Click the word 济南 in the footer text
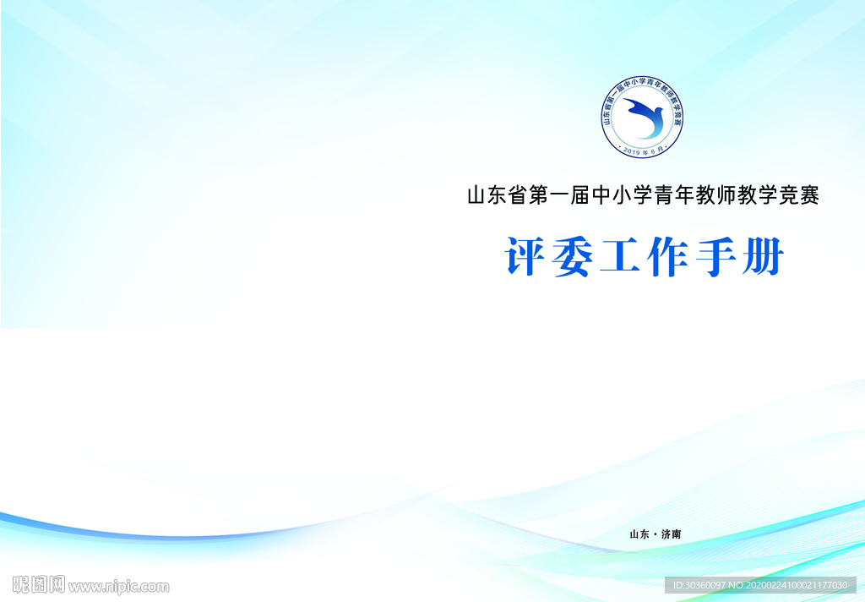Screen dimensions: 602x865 tap(671, 534)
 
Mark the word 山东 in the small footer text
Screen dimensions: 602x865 tap(639, 534)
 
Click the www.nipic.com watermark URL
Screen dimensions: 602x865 tap(119, 586)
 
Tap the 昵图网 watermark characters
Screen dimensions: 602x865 tap(39, 585)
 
